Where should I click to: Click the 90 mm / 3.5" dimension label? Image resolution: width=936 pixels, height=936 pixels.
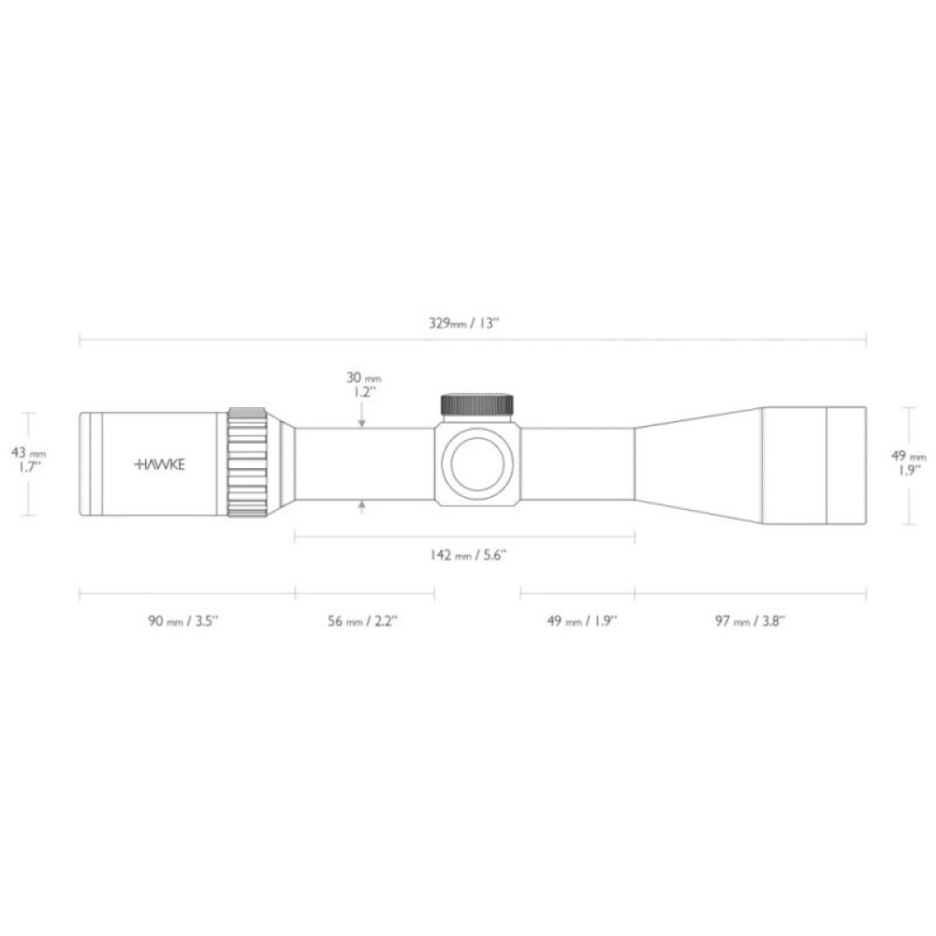[x=183, y=621]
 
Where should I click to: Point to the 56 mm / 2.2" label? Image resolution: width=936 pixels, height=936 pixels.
[x=363, y=621]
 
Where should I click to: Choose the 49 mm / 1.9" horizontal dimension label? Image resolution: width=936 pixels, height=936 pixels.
[x=581, y=621]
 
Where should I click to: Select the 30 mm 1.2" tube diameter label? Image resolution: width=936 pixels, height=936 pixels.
[x=362, y=385]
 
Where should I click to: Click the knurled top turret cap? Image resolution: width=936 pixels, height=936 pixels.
[x=477, y=404]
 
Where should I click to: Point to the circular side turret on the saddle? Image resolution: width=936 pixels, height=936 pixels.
[x=477, y=463]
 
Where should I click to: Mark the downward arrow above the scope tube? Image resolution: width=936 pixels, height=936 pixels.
[x=361, y=423]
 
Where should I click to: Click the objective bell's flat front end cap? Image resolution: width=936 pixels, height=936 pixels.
[x=847, y=464]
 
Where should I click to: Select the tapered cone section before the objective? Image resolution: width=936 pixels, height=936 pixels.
[x=697, y=464]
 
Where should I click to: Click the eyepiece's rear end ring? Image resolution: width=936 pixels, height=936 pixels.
[x=90, y=463]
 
